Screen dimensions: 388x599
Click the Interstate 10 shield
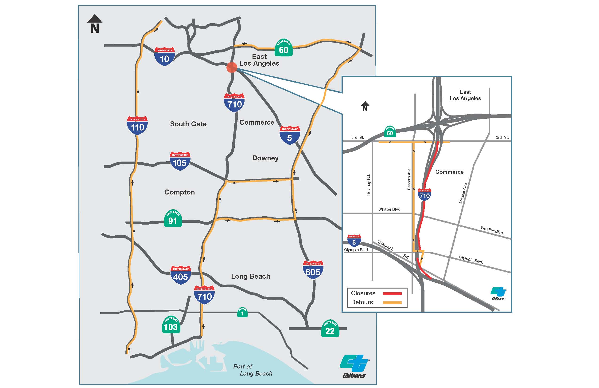pyautogui.click(x=164, y=56)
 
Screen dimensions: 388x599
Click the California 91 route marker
pyautogui.click(x=173, y=218)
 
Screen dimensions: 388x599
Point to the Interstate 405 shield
pyautogui.click(x=181, y=275)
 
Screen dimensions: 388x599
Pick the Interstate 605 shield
pyautogui.click(x=313, y=270)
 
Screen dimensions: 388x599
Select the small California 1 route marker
pyautogui.click(x=242, y=313)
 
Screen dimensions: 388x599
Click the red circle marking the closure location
pyautogui.click(x=232, y=67)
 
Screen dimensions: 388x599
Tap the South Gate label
pyautogui.click(x=188, y=124)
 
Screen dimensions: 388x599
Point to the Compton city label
pyautogui.click(x=179, y=192)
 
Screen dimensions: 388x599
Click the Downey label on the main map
pyautogui.click(x=265, y=158)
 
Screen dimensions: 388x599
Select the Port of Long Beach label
pyautogui.click(x=253, y=370)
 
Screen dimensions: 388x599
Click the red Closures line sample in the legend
pyautogui.click(x=392, y=293)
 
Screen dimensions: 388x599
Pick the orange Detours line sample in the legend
pyautogui.click(x=392, y=302)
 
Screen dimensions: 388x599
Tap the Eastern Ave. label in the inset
pyautogui.click(x=409, y=179)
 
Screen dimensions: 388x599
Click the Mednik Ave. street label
pyautogui.click(x=463, y=193)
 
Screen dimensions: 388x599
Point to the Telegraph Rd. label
pyautogui.click(x=393, y=249)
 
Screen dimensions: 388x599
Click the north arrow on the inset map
pyautogui.click(x=365, y=106)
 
